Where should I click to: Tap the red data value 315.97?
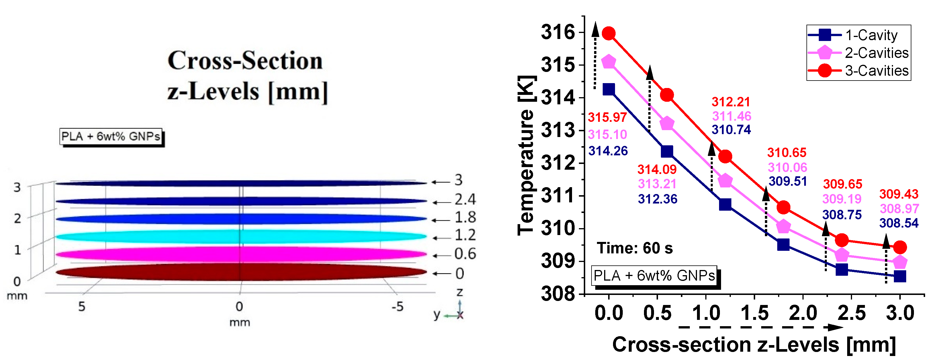tap(607, 117)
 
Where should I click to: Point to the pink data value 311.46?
tap(731, 116)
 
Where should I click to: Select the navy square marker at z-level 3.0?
tap(900, 276)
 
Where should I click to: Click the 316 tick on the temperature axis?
tap(558, 32)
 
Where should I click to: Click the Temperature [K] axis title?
tap(526, 155)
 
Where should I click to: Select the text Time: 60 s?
tap(635, 248)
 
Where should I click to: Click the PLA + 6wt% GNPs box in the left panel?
tap(111, 137)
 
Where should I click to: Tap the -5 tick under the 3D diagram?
tap(397, 307)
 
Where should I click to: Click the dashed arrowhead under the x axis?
tap(836, 327)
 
